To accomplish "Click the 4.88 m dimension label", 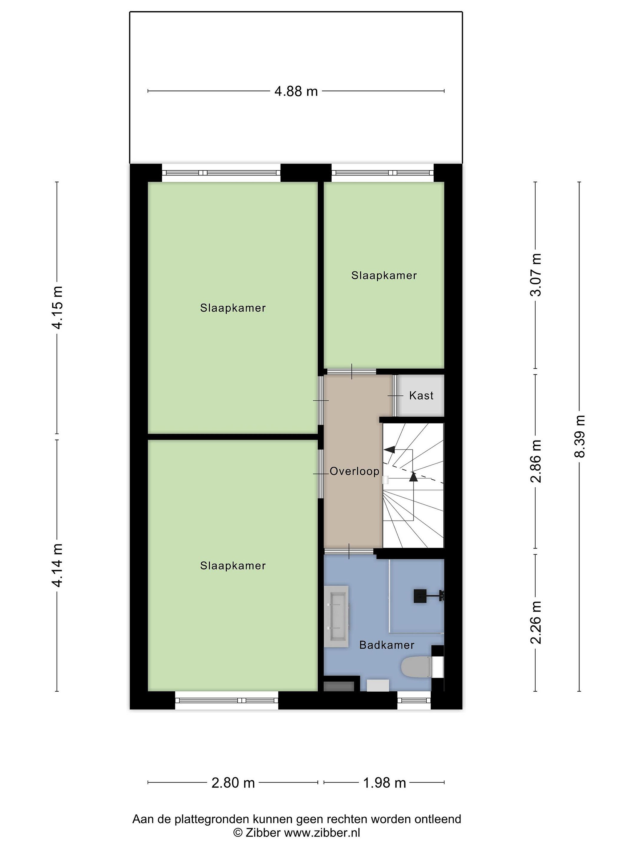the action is pyautogui.click(x=296, y=91).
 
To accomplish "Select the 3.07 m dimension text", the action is pyautogui.click(x=536, y=275).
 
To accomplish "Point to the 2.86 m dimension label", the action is pyautogui.click(x=536, y=461).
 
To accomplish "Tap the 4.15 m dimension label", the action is pyautogui.click(x=57, y=307).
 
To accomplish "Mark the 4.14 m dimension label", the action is pyautogui.click(x=57, y=565).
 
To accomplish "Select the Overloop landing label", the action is pyautogui.click(x=354, y=471).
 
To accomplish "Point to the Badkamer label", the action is pyautogui.click(x=386, y=645).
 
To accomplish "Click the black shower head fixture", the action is pyautogui.click(x=420, y=597).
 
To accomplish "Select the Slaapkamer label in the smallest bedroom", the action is pyautogui.click(x=384, y=275).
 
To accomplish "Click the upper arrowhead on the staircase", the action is pyautogui.click(x=390, y=449).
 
